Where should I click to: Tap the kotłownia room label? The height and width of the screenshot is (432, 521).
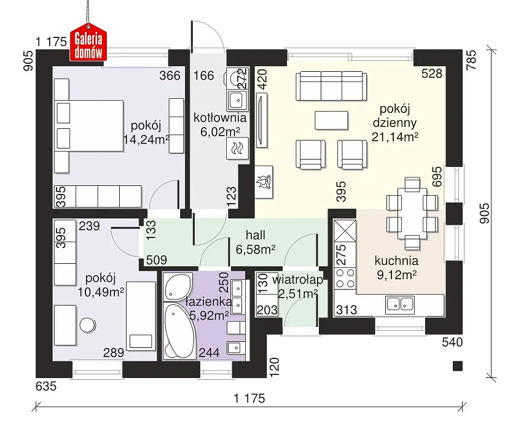[x=220, y=118]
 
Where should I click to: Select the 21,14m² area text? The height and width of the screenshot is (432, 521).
[x=394, y=136]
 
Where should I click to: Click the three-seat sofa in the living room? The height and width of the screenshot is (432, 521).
[x=331, y=86]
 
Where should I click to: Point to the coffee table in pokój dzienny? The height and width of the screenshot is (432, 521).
[x=331, y=120]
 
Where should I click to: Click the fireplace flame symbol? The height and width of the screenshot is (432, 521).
[x=264, y=182]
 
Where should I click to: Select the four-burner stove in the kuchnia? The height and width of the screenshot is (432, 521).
[x=345, y=279]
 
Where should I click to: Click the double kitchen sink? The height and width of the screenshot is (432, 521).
[x=400, y=304]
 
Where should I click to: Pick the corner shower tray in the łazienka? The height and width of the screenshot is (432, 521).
[x=178, y=287]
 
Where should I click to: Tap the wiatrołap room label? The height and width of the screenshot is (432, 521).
[x=297, y=280]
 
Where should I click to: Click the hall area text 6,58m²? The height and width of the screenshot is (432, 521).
[x=255, y=249]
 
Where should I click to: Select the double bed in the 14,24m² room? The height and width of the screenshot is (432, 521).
[x=88, y=126]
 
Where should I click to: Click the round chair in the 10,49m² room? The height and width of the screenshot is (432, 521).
[x=87, y=325]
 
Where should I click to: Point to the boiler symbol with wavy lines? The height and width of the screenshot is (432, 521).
[x=237, y=148]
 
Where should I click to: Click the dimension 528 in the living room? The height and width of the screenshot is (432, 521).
[x=432, y=74]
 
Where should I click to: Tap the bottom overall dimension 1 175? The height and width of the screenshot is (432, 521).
[x=249, y=398]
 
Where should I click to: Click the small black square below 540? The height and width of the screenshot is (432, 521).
[x=458, y=366]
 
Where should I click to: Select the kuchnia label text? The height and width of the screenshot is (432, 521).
[x=396, y=261]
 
